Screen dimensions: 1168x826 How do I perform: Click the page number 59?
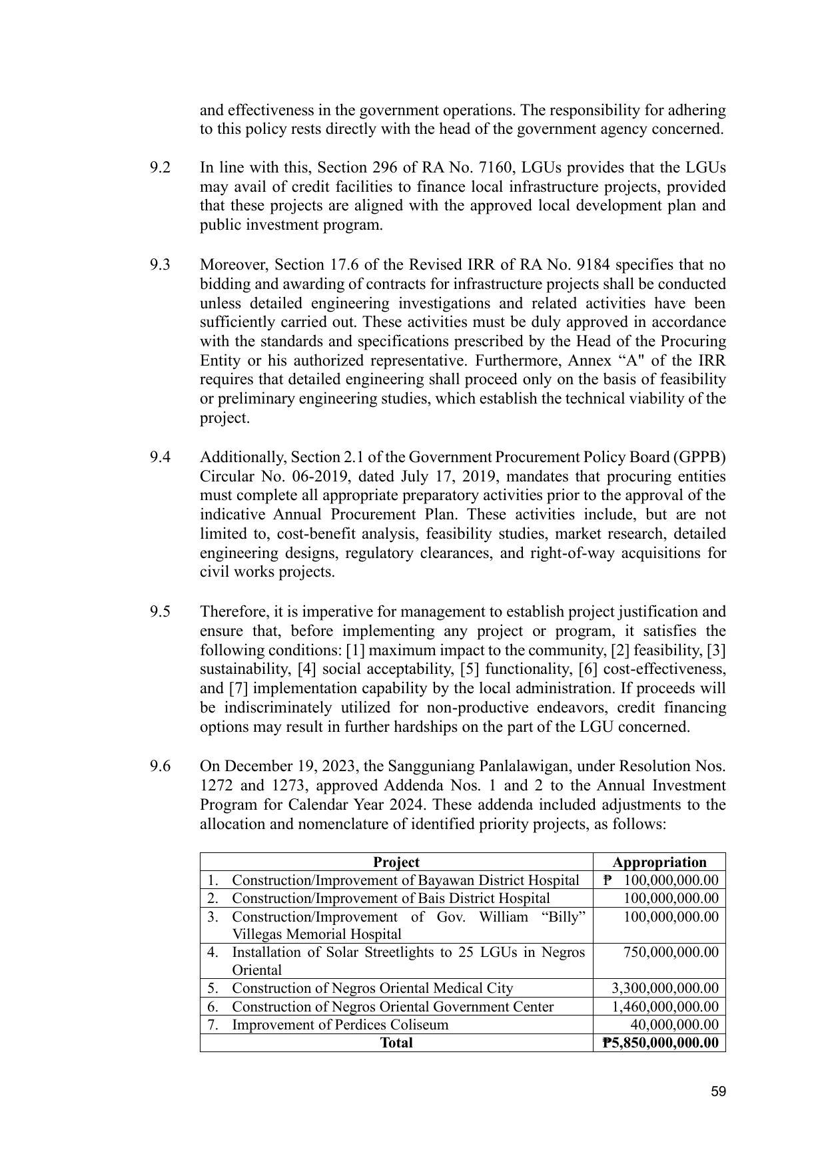(x=717, y=1091)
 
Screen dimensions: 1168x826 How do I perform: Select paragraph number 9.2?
(x=160, y=167)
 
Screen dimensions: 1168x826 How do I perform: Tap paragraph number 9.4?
(x=160, y=457)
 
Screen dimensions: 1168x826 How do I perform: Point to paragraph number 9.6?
(x=160, y=766)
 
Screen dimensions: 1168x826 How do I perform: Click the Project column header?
(x=396, y=862)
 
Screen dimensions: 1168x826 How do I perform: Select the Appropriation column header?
(x=659, y=862)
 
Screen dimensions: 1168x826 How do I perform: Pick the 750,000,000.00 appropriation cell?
(x=671, y=953)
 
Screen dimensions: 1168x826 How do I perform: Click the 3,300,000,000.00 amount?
(x=665, y=988)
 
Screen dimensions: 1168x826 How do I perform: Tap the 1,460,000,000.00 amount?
(x=665, y=1007)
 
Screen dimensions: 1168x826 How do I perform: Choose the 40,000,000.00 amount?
(x=674, y=1025)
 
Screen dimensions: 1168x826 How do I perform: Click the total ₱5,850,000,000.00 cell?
(x=660, y=1043)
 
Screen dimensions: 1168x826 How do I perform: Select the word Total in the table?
(x=396, y=1043)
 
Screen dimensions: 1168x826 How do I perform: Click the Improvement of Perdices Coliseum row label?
(x=340, y=1025)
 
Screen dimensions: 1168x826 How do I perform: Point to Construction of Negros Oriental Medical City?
(x=372, y=988)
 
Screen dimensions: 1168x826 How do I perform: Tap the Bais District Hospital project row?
(x=390, y=898)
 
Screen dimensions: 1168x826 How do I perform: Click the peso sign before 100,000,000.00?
(x=607, y=880)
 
